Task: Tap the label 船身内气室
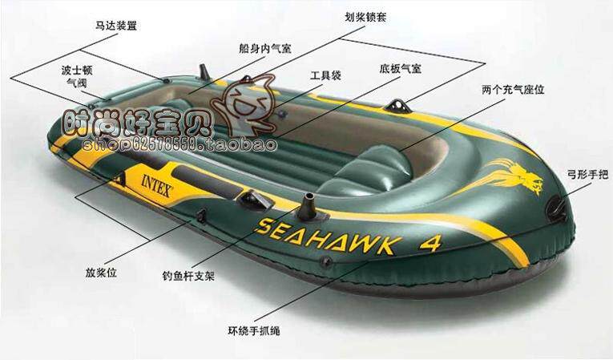tap(265, 48)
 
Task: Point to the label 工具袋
tap(325, 75)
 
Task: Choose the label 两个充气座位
tap(514, 90)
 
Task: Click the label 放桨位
tap(101, 272)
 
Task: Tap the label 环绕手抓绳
tap(252, 330)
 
